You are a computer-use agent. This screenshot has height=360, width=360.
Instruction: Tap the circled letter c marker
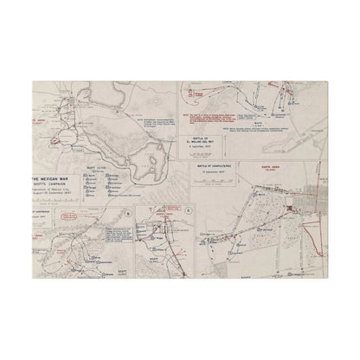[165, 211]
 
